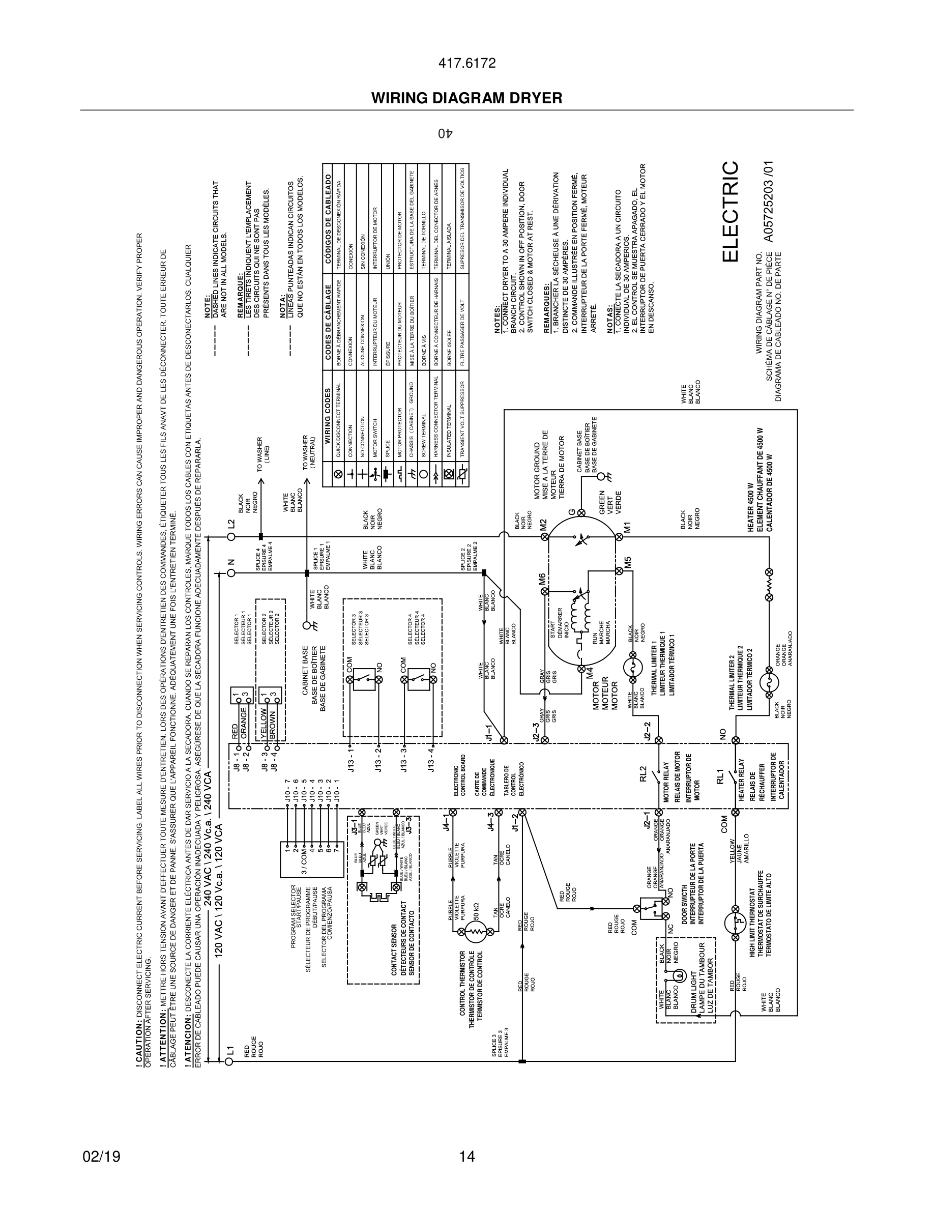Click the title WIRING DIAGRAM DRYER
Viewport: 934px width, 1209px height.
click(466, 98)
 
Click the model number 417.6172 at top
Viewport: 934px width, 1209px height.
click(466, 63)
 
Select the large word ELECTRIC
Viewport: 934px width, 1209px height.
click(730, 212)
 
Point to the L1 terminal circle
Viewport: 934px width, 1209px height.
click(230, 1061)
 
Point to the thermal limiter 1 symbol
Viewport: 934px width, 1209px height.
click(632, 669)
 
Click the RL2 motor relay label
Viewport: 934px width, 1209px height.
click(643, 772)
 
